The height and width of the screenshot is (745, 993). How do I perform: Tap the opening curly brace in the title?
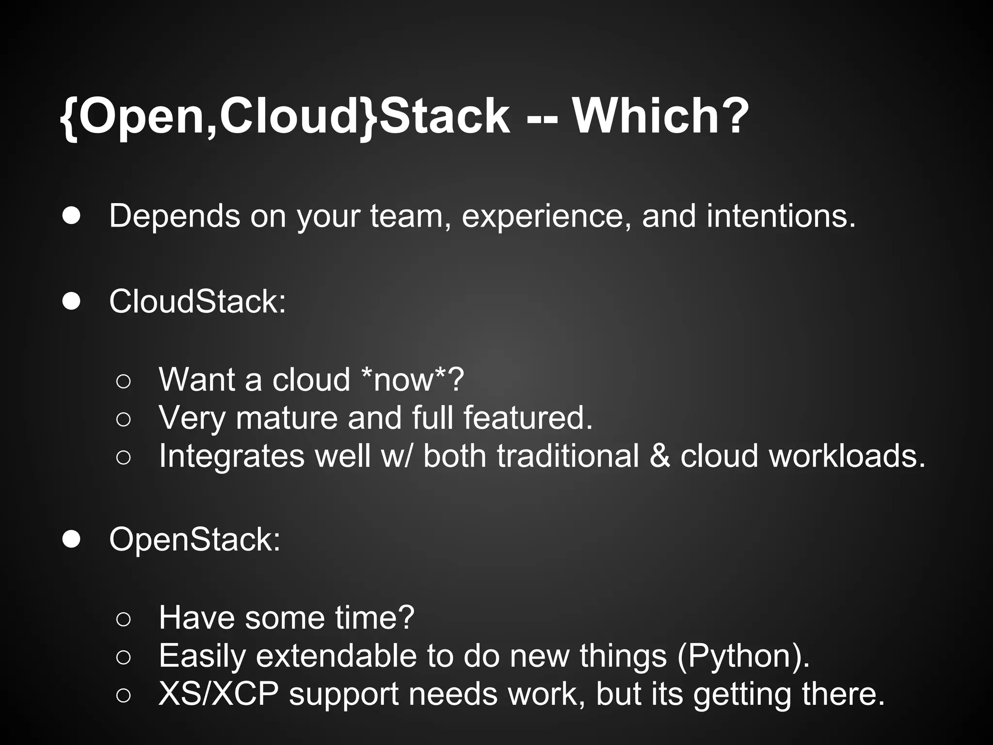[69, 117]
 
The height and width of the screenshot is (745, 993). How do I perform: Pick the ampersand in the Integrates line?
[659, 456]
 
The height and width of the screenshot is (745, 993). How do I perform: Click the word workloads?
[847, 456]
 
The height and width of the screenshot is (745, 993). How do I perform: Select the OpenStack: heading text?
[194, 540]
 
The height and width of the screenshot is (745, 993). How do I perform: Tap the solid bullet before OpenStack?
[71, 539]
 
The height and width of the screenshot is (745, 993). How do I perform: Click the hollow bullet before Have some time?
[124, 619]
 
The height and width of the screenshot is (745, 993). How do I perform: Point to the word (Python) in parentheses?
[742, 656]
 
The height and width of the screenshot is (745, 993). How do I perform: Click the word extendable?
[336, 656]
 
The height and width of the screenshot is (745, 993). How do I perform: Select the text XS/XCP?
[219, 694]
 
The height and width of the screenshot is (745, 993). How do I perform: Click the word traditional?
[568, 456]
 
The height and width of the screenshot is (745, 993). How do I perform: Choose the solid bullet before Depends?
[71, 216]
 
